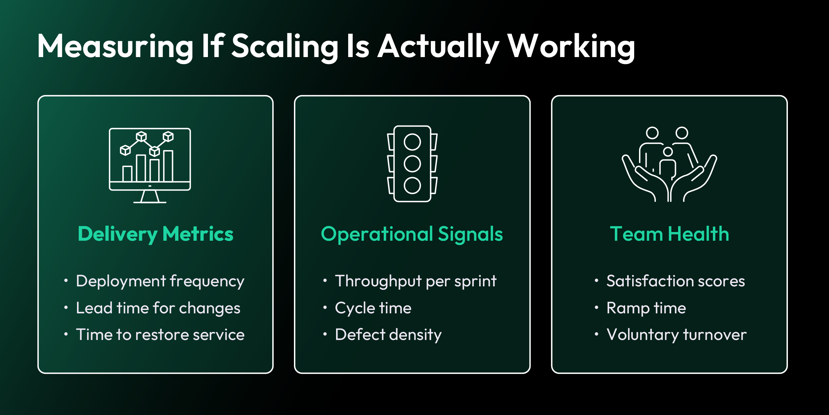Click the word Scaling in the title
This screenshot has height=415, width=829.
(x=285, y=47)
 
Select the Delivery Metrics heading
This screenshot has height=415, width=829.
(x=155, y=234)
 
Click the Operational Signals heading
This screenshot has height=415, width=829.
(x=412, y=234)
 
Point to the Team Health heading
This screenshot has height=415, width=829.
(x=669, y=234)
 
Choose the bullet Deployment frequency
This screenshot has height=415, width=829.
(x=160, y=281)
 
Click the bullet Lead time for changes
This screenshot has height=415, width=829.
(x=158, y=308)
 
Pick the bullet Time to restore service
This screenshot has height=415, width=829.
(x=160, y=335)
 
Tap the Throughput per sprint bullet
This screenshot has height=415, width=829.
(x=416, y=281)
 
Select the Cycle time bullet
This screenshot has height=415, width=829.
(x=373, y=308)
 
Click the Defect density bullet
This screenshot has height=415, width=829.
(x=388, y=335)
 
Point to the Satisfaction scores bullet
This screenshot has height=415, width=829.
(x=676, y=281)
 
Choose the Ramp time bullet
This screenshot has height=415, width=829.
(x=646, y=308)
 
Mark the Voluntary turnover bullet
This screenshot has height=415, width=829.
(x=676, y=335)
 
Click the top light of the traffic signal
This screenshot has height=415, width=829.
(x=412, y=142)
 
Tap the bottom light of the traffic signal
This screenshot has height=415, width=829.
(x=412, y=185)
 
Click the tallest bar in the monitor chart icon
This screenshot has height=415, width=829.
(x=168, y=166)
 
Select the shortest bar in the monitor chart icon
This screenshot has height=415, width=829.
(x=127, y=174)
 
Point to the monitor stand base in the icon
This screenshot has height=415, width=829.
(x=150, y=202)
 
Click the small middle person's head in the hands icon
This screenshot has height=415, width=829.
(x=668, y=151)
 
